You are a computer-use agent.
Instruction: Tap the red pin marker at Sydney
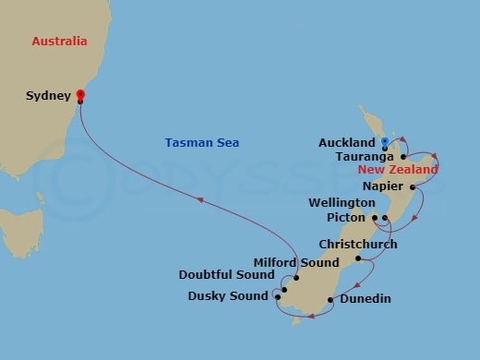[80, 94]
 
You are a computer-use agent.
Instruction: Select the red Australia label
[59, 42]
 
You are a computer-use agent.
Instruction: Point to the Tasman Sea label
[202, 142]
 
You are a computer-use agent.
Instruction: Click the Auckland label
[346, 143]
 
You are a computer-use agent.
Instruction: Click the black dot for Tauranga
[403, 157]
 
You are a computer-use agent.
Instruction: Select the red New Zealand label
[399, 171]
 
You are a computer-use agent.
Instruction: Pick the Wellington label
[343, 202]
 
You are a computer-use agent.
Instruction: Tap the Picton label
[347, 218]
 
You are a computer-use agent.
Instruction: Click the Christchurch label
[357, 245]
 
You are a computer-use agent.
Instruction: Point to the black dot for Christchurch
[357, 258]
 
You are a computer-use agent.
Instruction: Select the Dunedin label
[365, 298]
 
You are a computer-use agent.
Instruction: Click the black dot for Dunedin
[330, 298]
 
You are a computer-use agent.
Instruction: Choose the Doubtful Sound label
[228, 275]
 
